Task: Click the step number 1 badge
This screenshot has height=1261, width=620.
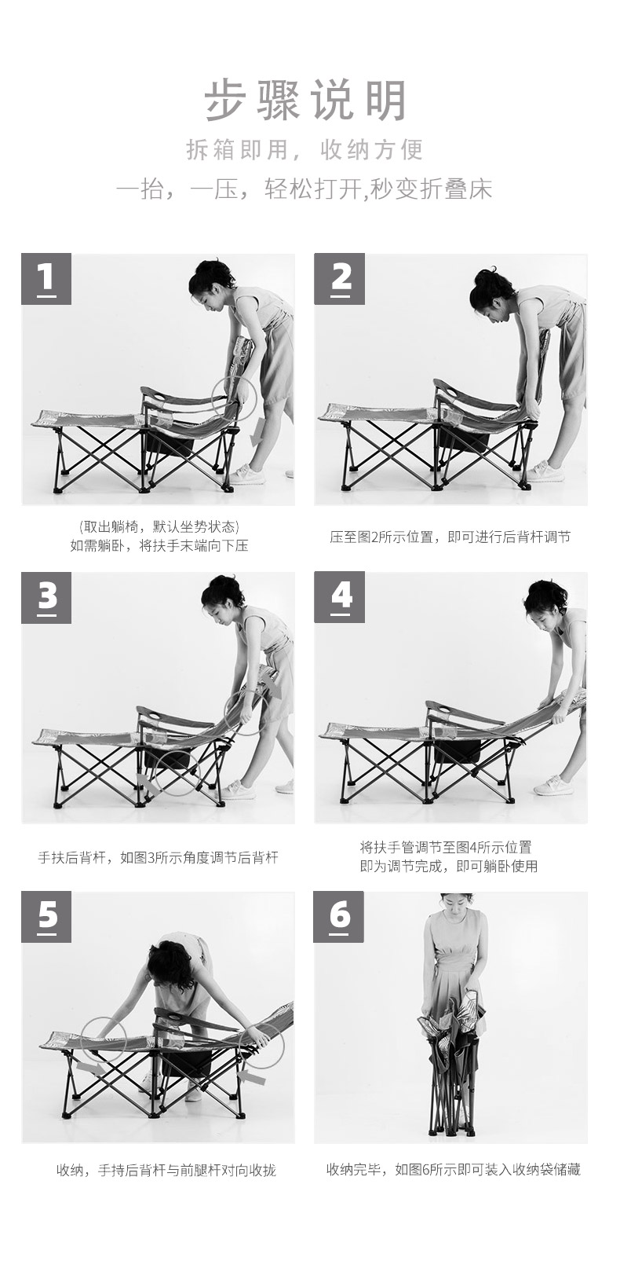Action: pos(46,279)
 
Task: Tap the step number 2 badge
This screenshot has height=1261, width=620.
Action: pos(340,279)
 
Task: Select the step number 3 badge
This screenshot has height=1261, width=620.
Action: pos(46,597)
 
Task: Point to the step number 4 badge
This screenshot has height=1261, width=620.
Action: pos(340,597)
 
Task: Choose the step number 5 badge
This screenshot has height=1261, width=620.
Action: pos(46,916)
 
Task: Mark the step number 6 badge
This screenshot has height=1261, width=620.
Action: pos(339,916)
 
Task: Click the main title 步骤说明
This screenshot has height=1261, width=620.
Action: pos(306,101)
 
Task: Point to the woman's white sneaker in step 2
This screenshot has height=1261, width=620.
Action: pos(545,471)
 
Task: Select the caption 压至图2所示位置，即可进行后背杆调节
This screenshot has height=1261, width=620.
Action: pos(450,537)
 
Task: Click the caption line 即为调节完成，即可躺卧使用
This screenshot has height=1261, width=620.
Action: pos(449,867)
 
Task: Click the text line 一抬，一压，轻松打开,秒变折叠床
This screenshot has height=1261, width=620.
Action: pos(304,189)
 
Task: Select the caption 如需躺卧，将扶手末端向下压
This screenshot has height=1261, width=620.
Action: pos(159,546)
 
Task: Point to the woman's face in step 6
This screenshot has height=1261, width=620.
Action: pos(454,907)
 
